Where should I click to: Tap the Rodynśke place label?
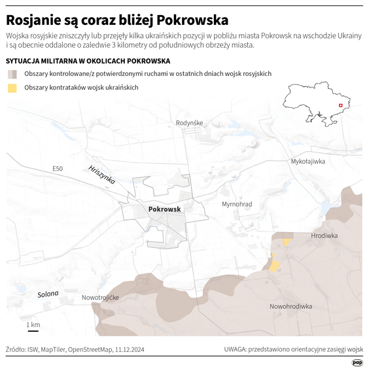190,123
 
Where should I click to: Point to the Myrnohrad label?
237,205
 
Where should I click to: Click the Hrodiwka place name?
324,236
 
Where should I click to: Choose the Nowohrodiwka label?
290,306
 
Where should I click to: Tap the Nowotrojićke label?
100,298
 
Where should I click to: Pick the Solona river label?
48,294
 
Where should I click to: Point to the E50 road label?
58,169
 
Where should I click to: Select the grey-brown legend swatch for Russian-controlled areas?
12,74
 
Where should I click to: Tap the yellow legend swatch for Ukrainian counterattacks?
12,88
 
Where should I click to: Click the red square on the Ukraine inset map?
340,106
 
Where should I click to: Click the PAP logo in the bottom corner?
357,362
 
